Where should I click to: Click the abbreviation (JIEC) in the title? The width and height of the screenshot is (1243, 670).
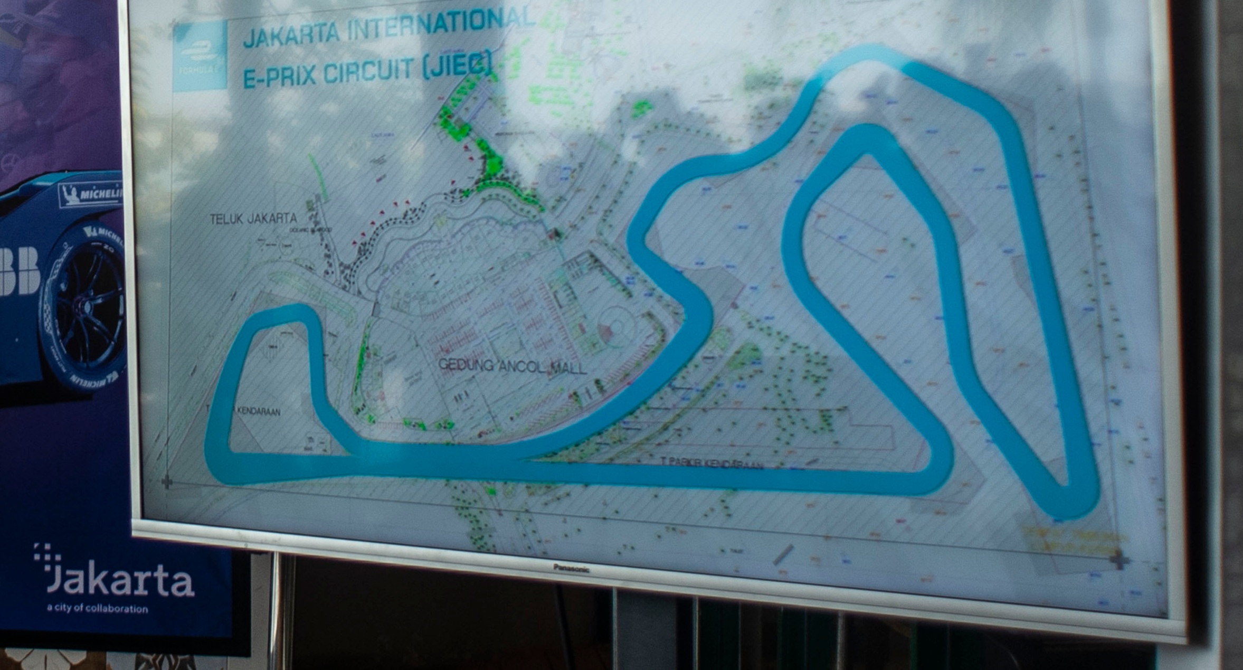click(457, 65)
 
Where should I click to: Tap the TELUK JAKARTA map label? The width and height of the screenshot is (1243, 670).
click(253, 219)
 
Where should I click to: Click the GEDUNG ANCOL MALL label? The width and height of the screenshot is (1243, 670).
click(512, 365)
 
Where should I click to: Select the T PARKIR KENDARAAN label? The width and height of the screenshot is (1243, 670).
click(713, 464)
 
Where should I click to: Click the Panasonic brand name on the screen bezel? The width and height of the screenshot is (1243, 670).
click(571, 568)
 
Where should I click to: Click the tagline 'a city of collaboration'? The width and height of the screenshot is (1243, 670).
click(97, 609)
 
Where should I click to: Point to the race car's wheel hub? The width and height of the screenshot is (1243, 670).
click(84, 306)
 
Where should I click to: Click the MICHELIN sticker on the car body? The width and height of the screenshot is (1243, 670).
click(92, 194)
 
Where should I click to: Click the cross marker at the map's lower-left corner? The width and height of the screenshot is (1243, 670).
click(167, 482)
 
